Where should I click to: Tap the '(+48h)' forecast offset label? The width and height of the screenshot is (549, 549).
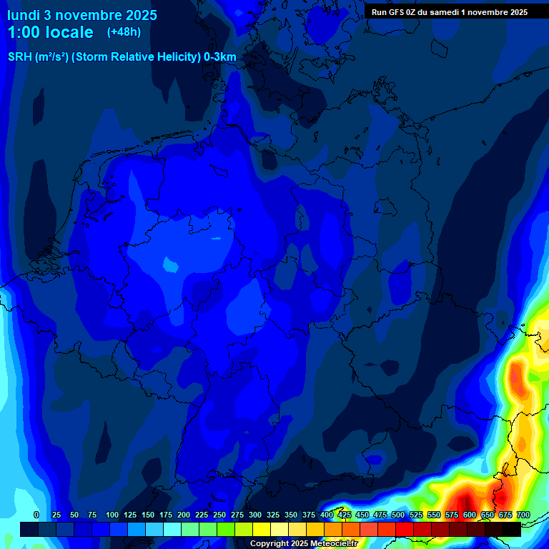tap(124, 32)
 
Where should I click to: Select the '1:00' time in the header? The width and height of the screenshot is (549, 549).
tap(24, 32)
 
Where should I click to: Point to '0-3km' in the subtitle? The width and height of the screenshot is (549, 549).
tap(219, 57)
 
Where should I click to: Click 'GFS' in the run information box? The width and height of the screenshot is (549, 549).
tap(398, 11)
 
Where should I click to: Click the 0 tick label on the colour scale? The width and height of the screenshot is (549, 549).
tap(36, 515)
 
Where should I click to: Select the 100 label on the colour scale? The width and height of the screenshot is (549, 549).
tap(112, 515)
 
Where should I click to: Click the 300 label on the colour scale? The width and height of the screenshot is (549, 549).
tap(254, 515)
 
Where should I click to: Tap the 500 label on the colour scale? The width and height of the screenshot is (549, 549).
tap(397, 515)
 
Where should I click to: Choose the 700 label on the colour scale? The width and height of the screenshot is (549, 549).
tap(523, 515)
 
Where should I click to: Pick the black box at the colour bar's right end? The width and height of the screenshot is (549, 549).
tap(512, 529)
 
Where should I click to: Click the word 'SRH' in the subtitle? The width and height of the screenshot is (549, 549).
tap(19, 57)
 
